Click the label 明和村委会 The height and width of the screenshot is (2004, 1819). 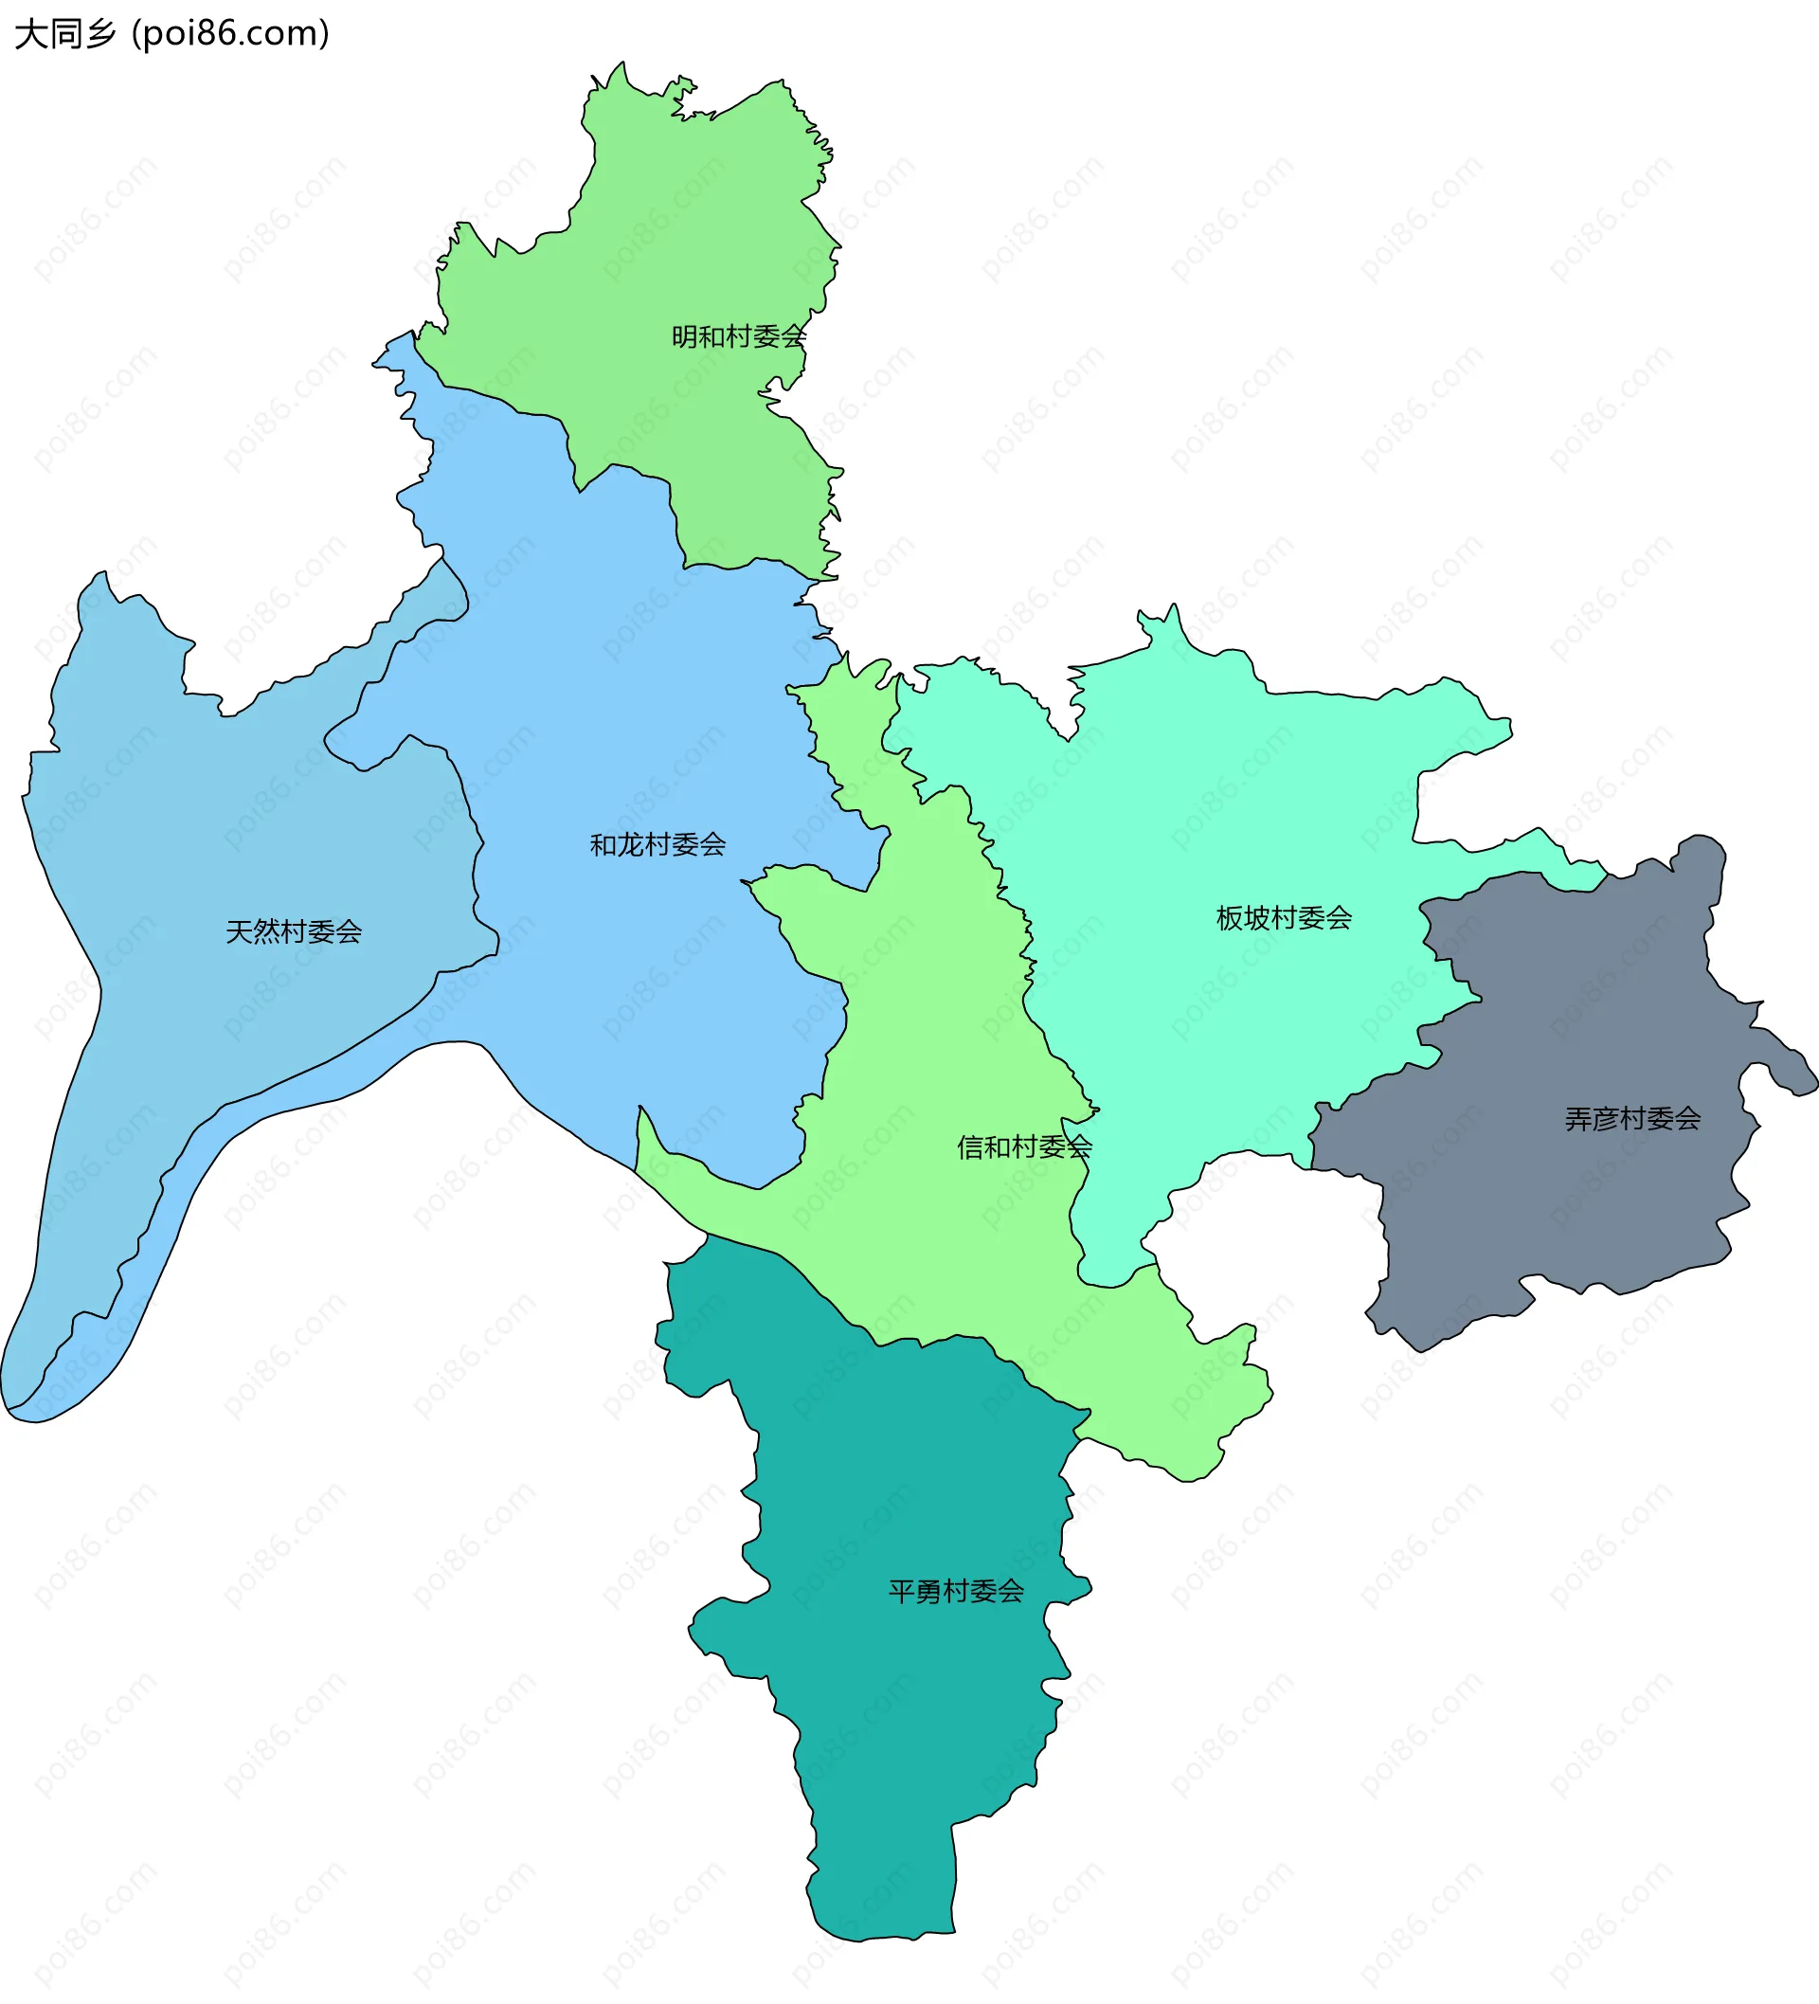(739, 337)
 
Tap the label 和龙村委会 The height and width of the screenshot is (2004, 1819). (657, 845)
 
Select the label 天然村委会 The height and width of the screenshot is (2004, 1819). (294, 931)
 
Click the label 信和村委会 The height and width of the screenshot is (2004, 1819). (1024, 1147)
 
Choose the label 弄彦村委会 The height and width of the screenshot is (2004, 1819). (1632, 1119)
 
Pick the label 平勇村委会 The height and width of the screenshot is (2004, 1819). (955, 1592)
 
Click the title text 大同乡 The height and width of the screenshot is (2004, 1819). (65, 35)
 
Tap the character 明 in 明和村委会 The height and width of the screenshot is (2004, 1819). (685, 337)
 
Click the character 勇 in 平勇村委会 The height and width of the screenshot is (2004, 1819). (928, 1592)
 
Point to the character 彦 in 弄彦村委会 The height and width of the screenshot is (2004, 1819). (1605, 1119)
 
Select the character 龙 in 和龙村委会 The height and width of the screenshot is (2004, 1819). (630, 845)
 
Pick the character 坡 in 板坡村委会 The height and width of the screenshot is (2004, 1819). (1256, 917)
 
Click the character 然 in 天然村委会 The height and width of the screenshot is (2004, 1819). (266, 931)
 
